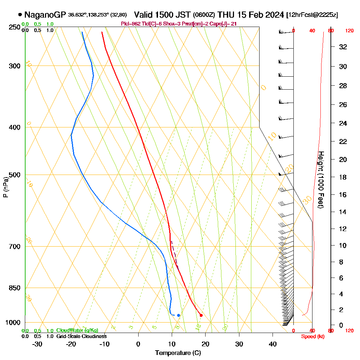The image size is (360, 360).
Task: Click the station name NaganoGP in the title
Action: pyautogui.click(x=45, y=15)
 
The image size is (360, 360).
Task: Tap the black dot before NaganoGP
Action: pyautogui.click(x=20, y=15)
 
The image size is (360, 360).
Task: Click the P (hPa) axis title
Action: pyautogui.click(x=5, y=187)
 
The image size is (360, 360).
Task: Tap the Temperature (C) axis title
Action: pyautogui.click(x=178, y=353)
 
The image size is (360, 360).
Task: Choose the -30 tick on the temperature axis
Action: pyautogui.click(x=37, y=344)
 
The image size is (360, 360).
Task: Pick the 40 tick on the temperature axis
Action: pyautogui.click(x=273, y=344)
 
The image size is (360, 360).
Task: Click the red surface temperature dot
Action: pyautogui.click(x=201, y=315)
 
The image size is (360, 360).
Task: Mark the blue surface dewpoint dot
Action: pyautogui.click(x=179, y=315)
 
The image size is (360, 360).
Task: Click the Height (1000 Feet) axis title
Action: pyautogui.click(x=320, y=180)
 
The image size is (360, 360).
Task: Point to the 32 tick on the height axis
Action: pyautogui.click(x=343, y=47)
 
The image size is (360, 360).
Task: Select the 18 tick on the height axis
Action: pyautogui.click(x=343, y=177)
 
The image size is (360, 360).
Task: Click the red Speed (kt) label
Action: pyautogui.click(x=311, y=337)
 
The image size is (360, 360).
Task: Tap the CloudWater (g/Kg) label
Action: pyautogui.click(x=77, y=330)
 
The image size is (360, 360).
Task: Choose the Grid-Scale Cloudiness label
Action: pyautogui.click(x=81, y=336)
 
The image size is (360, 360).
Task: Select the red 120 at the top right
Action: pyautogui.click(x=349, y=31)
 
